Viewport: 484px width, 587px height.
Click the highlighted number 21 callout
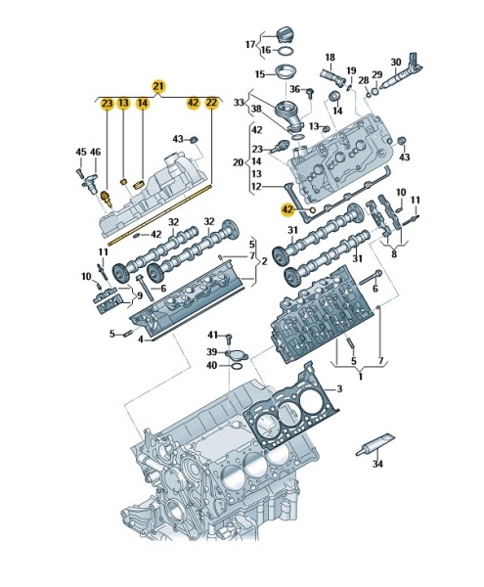pos(159,85)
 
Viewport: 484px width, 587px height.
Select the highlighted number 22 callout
pos(212,103)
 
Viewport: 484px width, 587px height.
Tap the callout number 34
pos(378,465)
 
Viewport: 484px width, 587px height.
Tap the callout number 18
pos(330,58)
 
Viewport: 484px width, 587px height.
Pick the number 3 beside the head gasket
pos(339,389)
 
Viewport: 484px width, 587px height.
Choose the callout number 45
pos(81,152)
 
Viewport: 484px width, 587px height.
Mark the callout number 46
pos(96,152)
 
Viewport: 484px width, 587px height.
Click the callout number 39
pos(211,351)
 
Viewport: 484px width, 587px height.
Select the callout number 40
pos(211,366)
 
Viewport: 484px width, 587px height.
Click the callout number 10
pos(85,277)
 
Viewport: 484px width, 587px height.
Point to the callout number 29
pos(377,76)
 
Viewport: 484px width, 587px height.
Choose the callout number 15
pos(259,74)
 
